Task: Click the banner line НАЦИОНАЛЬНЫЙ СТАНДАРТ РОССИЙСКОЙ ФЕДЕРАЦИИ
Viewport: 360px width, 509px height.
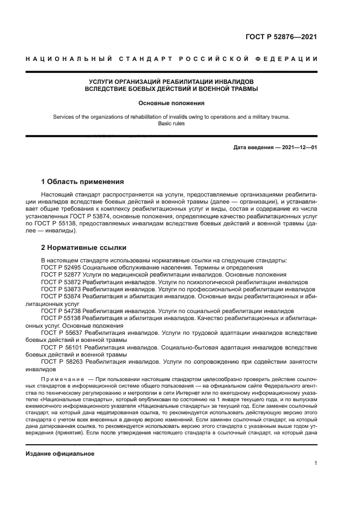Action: (172, 58)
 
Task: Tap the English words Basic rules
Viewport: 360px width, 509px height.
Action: (171, 124)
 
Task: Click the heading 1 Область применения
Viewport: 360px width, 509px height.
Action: (83, 181)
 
